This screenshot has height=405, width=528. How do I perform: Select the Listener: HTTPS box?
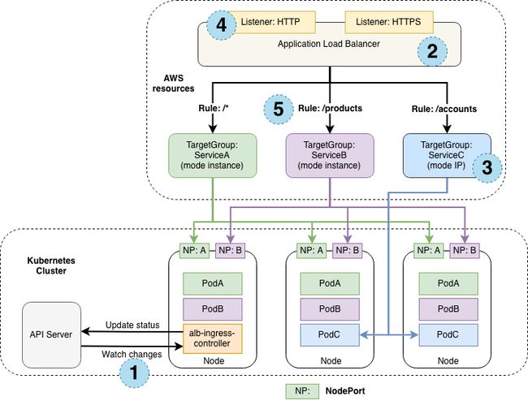(389, 22)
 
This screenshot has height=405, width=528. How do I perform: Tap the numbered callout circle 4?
(221, 25)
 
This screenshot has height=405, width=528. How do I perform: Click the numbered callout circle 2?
(432, 51)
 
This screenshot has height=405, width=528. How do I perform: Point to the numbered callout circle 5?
(278, 110)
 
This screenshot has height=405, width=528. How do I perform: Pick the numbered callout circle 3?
(487, 167)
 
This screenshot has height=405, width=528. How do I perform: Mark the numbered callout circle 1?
(134, 373)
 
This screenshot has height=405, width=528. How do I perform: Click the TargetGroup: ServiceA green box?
(213, 155)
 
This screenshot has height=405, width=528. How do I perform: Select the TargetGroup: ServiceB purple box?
(330, 155)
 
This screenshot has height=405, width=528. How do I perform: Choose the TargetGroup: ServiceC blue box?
(447, 155)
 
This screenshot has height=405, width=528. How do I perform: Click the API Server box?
(51, 334)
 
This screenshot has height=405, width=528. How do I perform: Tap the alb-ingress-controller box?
(213, 338)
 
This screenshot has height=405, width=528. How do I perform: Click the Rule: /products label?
(330, 108)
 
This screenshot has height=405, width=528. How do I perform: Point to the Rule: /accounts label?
(444, 109)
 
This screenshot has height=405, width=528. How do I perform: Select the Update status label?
(132, 325)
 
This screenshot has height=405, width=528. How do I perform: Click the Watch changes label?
(132, 355)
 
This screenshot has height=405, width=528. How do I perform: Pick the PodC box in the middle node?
(330, 334)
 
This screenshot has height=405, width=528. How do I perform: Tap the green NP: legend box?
(302, 391)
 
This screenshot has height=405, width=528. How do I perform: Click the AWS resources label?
(173, 84)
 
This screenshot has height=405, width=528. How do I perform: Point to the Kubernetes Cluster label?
(51, 265)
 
